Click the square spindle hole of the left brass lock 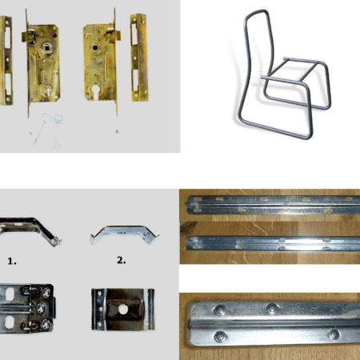pyautogui.click(x=46, y=49)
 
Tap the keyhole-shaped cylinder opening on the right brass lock pyautogui.click(x=95, y=94)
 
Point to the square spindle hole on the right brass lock pyautogui.click(x=94, y=48)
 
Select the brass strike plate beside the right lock pyautogui.click(x=139, y=58)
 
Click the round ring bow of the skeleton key pyautogui.click(x=58, y=118)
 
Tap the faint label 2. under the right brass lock pyautogui.click(x=118, y=131)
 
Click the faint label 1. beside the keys pyautogui.click(x=31, y=133)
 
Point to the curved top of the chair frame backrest pyautogui.click(x=257, y=12)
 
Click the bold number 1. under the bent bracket pyautogui.click(x=12, y=262)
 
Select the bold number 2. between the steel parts pyautogui.click(x=122, y=260)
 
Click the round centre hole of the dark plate pyautogui.click(x=123, y=310)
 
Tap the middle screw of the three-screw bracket pyautogui.click(x=41, y=308)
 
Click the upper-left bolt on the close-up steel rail pyautogui.click(x=220, y=310)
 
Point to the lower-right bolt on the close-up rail pyautogui.click(x=334, y=334)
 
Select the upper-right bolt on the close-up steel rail pyautogui.click(x=272, y=308)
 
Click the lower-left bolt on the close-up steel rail pyautogui.click(x=220, y=337)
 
